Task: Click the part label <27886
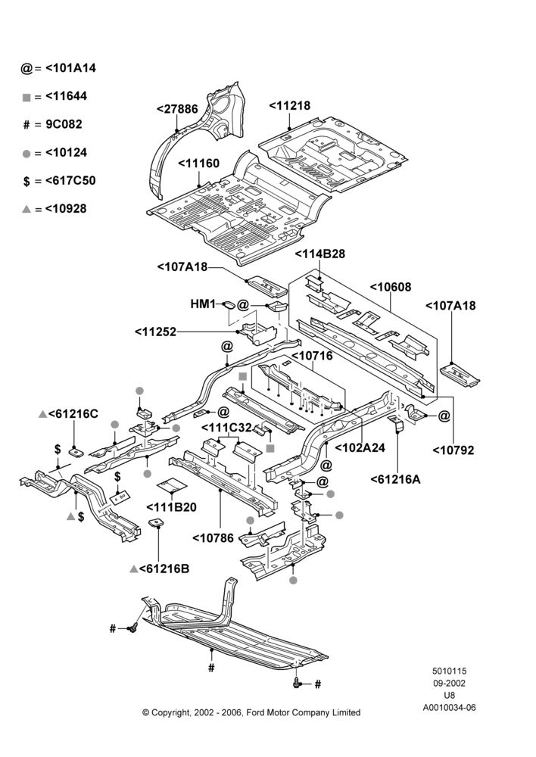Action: point(178,109)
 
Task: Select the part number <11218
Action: point(290,106)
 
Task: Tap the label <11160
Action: point(199,164)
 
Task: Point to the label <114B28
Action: point(320,254)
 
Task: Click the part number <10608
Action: point(391,287)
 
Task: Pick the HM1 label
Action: point(203,304)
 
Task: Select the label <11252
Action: point(156,332)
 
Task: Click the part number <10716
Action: point(313,357)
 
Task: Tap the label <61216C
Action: point(73,414)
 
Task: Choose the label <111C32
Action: point(226,428)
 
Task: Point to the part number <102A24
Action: point(360,448)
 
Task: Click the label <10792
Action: point(453,450)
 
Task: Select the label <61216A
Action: point(396,479)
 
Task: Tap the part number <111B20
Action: point(171,507)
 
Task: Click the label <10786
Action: point(213,538)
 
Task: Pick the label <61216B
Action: point(164,569)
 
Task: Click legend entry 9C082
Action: point(64,125)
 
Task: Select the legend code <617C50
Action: point(70,181)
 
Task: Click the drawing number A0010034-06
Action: point(449,708)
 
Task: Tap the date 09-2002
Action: point(449,683)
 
